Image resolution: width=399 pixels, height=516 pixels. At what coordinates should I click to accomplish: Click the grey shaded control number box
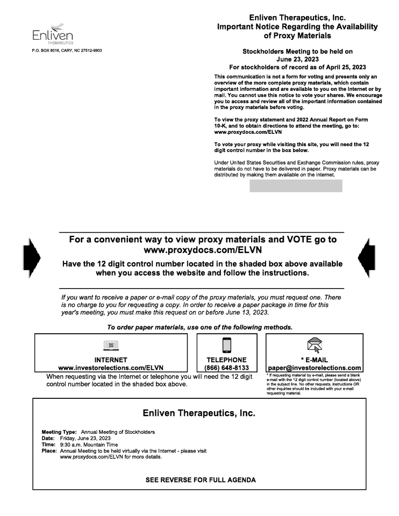coord(296,186)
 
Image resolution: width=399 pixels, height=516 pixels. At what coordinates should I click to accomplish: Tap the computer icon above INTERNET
coord(111,348)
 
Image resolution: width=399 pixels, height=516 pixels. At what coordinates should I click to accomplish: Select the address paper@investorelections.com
coord(313,367)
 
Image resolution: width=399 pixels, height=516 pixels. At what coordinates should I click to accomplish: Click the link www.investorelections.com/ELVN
coord(111,367)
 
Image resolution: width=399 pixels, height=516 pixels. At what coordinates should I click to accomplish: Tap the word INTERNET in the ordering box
coord(111,360)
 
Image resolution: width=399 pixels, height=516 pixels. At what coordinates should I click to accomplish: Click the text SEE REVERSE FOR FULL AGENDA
coord(199,479)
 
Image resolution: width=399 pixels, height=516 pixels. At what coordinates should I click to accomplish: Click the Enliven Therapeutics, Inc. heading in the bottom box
coord(199,413)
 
